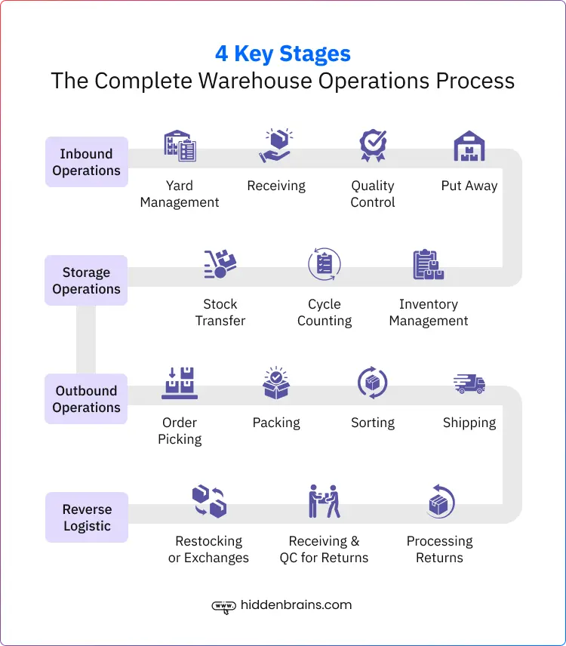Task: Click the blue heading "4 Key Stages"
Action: [282, 54]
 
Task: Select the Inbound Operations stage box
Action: [86, 162]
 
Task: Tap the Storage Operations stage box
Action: [86, 281]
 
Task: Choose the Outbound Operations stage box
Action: [86, 399]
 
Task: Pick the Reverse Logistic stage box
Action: [86, 518]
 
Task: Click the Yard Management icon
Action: [180, 146]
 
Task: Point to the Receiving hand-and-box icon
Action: [276, 146]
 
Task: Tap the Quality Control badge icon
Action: [373, 146]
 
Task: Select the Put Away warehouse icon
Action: [469, 146]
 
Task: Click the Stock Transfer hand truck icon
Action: [220, 265]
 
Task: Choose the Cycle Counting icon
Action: [325, 265]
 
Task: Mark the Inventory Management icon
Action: [428, 265]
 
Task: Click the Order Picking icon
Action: [180, 383]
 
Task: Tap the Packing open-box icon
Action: [276, 383]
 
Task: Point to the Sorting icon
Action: [373, 383]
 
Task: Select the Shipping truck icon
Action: [469, 383]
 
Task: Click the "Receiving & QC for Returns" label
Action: [325, 549]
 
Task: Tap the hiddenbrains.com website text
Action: [295, 605]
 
